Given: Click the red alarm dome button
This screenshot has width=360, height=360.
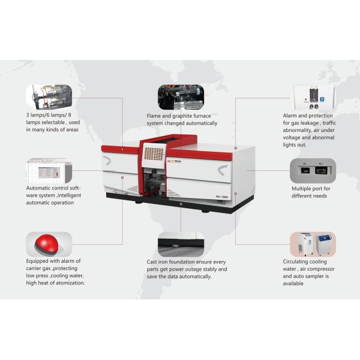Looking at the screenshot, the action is pos(46,243).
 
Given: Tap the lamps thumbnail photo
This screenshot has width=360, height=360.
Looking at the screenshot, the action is pos(49,97).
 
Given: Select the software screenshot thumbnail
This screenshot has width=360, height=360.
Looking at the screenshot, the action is pos(49,170).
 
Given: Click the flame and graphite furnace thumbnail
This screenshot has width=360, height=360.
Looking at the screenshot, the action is pos(181,97).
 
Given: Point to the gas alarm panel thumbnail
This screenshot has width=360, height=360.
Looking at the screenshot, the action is pos(314,97).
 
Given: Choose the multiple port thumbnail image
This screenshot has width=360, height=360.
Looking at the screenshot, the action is pos(313,170).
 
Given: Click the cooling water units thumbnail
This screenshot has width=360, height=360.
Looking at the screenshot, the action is pos(313,244).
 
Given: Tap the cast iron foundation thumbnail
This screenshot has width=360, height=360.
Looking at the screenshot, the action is pos(181,244).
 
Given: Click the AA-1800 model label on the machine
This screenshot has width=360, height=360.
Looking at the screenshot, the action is pos(222,197).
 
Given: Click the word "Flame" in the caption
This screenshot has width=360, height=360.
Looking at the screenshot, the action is pos(154,116).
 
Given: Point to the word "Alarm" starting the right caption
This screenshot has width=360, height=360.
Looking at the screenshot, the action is pos(290,115).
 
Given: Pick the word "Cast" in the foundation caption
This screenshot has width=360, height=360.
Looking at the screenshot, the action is pos(151,262).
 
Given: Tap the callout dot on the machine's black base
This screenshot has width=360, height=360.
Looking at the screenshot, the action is pos(181,204).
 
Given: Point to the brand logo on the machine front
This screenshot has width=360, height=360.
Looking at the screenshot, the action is pos(174,161).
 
